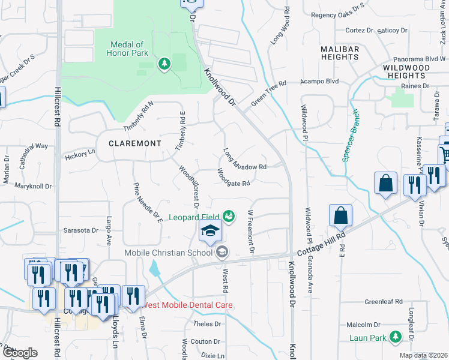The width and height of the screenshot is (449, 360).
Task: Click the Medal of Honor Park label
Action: click(x=127, y=49)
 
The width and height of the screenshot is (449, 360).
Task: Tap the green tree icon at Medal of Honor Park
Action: click(x=163, y=63)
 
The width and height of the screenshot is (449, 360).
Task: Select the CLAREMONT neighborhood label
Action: click(x=135, y=143)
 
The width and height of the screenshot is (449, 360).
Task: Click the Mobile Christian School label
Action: click(x=169, y=252)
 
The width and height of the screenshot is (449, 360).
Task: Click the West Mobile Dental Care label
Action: click(x=187, y=305)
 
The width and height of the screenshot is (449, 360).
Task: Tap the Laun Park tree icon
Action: click(x=396, y=338)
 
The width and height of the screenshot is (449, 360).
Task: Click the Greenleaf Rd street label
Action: click(x=383, y=302)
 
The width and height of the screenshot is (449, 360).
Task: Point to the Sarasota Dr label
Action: click(x=80, y=230)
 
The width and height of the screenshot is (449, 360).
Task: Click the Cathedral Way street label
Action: click(x=32, y=146)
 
